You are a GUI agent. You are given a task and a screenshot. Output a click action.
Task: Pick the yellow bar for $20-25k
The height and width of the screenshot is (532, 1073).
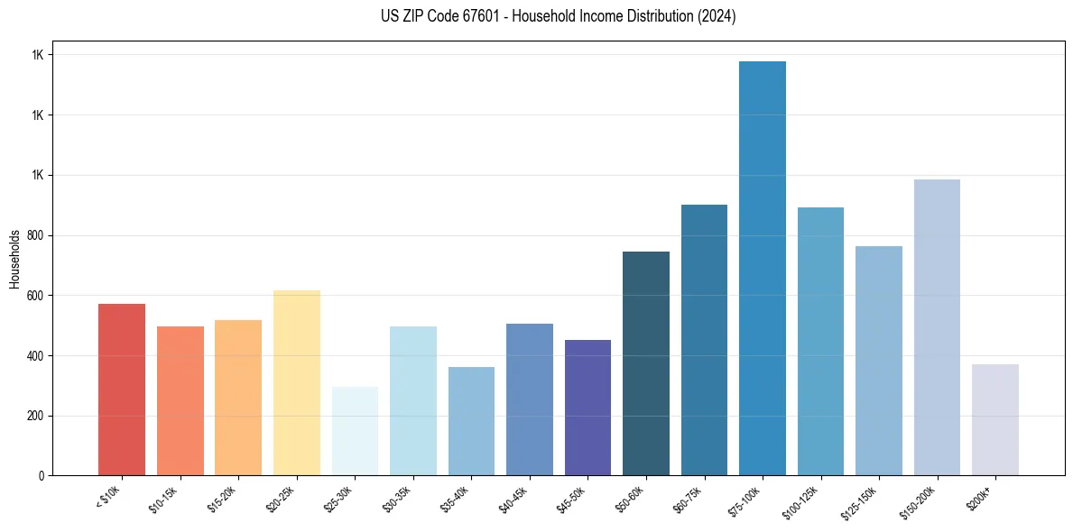pos(297,382)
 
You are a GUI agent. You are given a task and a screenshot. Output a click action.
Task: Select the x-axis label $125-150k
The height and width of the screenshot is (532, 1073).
pos(862,500)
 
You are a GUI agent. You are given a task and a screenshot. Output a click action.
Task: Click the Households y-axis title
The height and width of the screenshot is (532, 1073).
pos(14,259)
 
